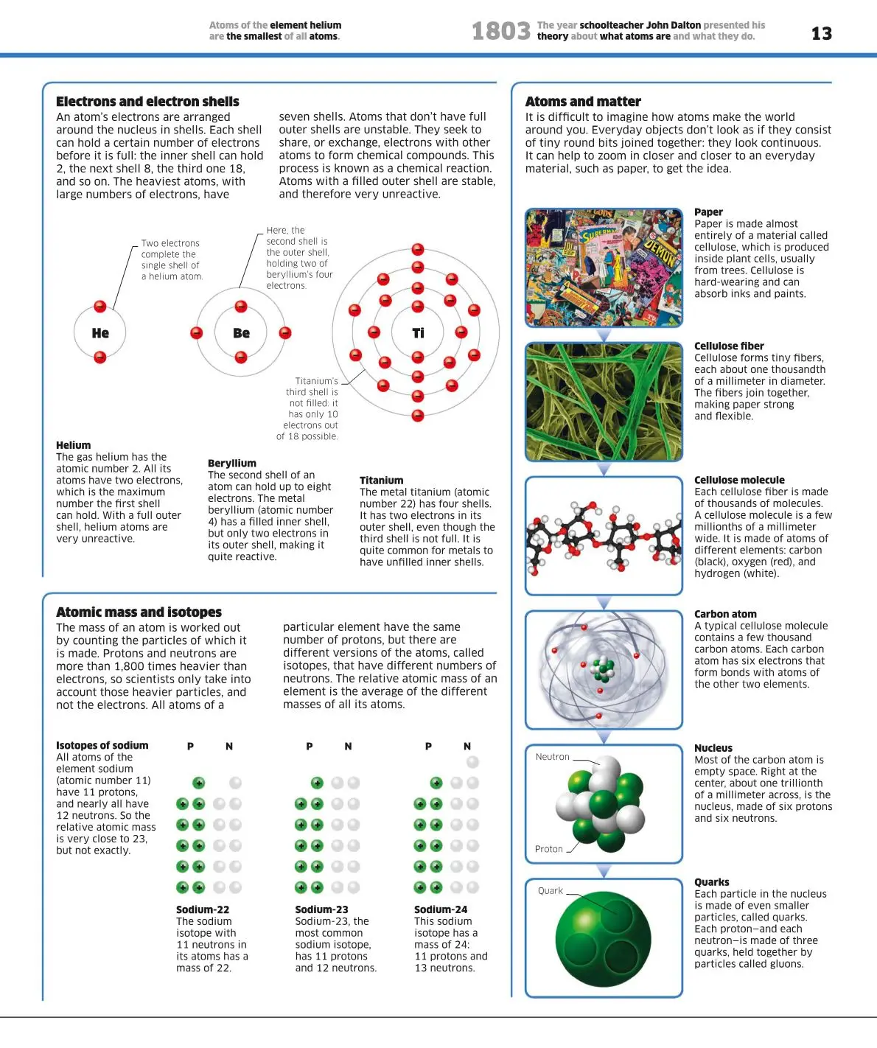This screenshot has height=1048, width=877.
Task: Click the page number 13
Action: [821, 33]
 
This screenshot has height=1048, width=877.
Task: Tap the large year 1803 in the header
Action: [500, 31]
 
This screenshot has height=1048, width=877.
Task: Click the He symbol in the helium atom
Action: [100, 333]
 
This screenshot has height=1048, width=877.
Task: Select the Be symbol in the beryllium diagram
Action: [241, 333]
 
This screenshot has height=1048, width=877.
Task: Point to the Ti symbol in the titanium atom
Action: [418, 333]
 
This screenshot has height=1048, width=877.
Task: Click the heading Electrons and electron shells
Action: [147, 102]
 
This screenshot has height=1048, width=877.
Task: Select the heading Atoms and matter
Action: [583, 102]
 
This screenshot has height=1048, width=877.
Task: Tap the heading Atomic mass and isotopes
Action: [139, 612]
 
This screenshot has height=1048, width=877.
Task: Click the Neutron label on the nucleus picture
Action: [552, 757]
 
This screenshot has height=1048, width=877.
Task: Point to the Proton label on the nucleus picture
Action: [548, 849]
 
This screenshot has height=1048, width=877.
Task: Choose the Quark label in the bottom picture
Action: [550, 891]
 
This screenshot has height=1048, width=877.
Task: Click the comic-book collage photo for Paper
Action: [604, 268]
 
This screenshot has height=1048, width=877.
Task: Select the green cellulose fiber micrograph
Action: [604, 402]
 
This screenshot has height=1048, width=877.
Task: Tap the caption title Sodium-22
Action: [203, 909]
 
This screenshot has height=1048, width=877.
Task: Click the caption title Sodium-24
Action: [441, 909]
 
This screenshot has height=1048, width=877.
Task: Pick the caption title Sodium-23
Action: [321, 909]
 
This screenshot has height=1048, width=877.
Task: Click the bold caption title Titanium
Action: [381, 481]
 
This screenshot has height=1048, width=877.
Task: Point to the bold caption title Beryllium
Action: [232, 464]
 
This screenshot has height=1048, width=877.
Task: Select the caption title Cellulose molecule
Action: [739, 481]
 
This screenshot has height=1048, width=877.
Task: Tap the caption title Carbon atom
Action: [725, 614]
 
